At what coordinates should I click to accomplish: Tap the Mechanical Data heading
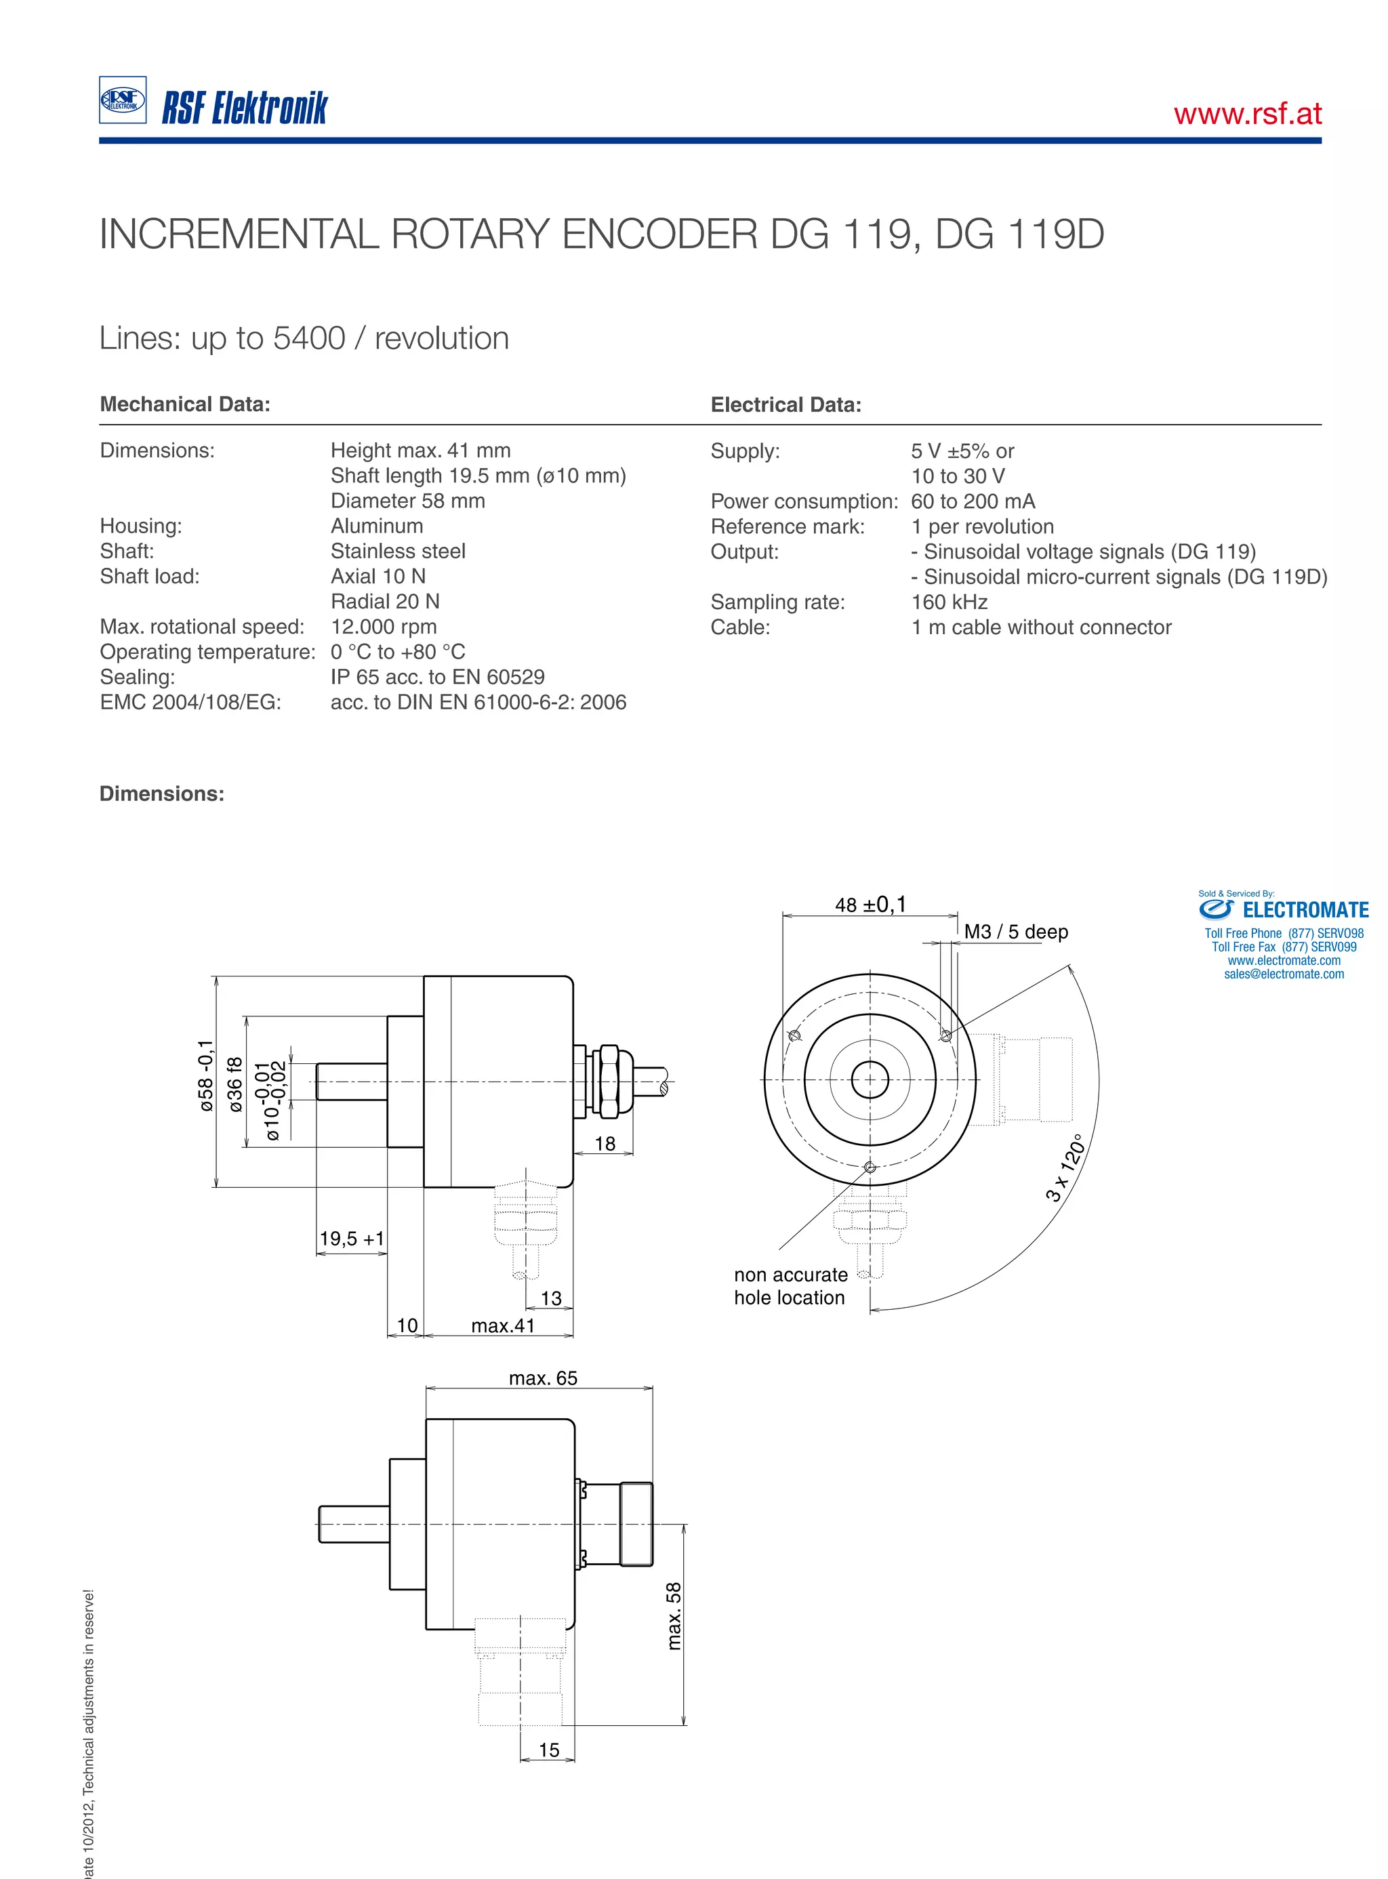[185, 404]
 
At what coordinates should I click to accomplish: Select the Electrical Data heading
[785, 405]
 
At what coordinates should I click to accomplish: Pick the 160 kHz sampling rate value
[949, 602]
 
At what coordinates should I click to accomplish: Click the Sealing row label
[137, 677]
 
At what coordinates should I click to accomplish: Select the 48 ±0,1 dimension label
[870, 905]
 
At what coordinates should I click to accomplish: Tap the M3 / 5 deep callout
[1016, 932]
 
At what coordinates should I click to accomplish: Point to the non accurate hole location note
[790, 1286]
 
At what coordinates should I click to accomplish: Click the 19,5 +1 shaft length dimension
[351, 1238]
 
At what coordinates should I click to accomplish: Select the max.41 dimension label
[502, 1325]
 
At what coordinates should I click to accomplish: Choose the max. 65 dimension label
[543, 1378]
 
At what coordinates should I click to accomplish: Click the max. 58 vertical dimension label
[674, 1616]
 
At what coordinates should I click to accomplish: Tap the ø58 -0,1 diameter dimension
[207, 1076]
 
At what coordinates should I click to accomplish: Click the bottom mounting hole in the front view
[870, 1168]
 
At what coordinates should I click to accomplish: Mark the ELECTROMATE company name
[1305, 911]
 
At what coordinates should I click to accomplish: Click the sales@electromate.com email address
[1283, 974]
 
